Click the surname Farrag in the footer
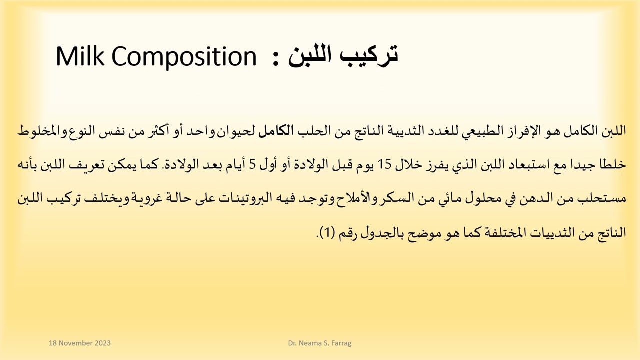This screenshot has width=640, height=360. pyautogui.click(x=341, y=343)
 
